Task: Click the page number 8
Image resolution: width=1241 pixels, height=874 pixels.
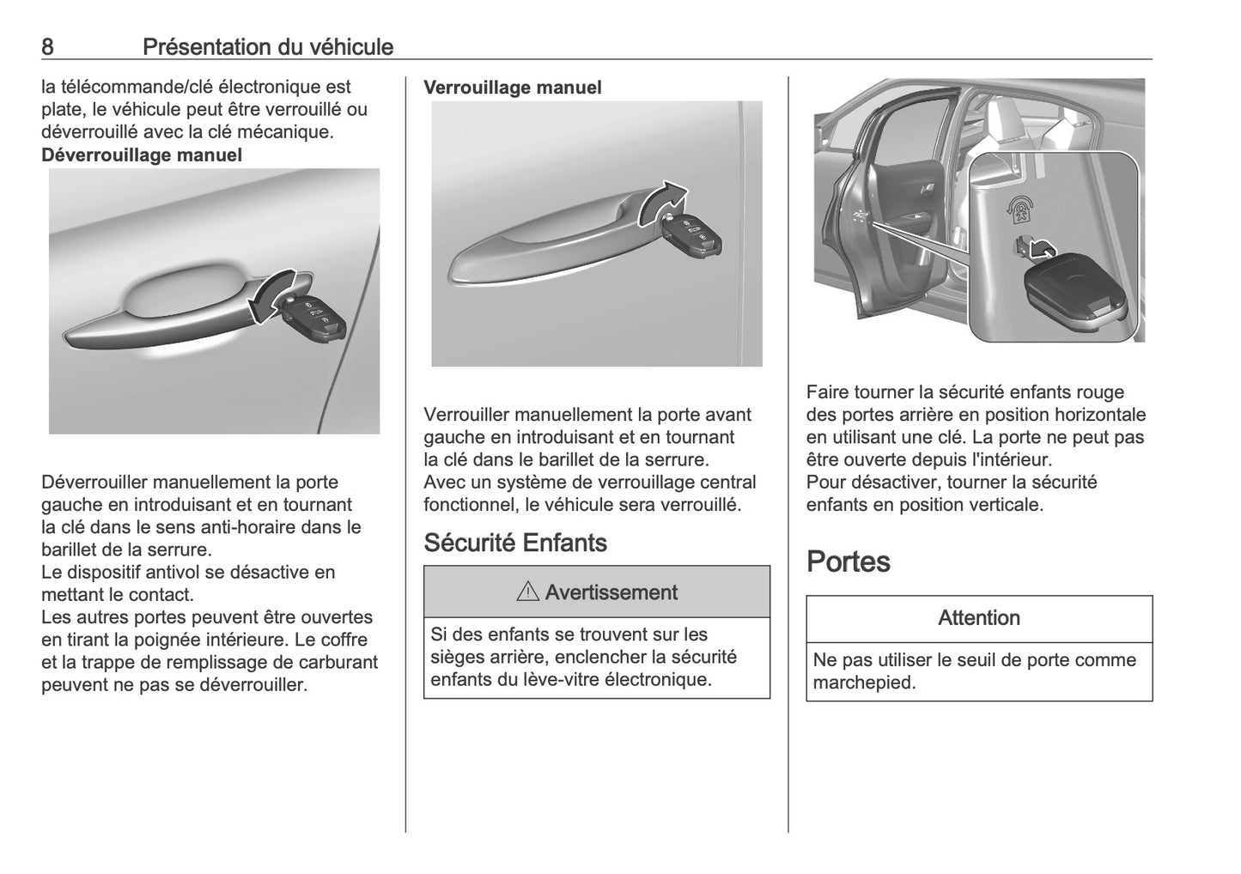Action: [48, 46]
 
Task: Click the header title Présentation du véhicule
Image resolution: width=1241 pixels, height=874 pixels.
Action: [267, 46]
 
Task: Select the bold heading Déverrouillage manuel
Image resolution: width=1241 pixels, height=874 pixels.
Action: [142, 155]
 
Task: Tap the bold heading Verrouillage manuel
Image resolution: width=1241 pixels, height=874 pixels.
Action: [513, 88]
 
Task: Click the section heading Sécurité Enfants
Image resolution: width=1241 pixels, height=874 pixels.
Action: [515, 543]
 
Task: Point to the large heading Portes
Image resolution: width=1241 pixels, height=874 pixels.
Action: [849, 561]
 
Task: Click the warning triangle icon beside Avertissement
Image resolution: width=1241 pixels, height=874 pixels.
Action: [528, 592]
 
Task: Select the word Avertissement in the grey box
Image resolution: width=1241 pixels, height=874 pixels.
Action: [611, 592]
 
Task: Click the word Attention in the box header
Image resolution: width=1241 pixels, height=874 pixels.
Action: [979, 618]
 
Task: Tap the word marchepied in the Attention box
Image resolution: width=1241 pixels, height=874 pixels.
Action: [863, 683]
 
